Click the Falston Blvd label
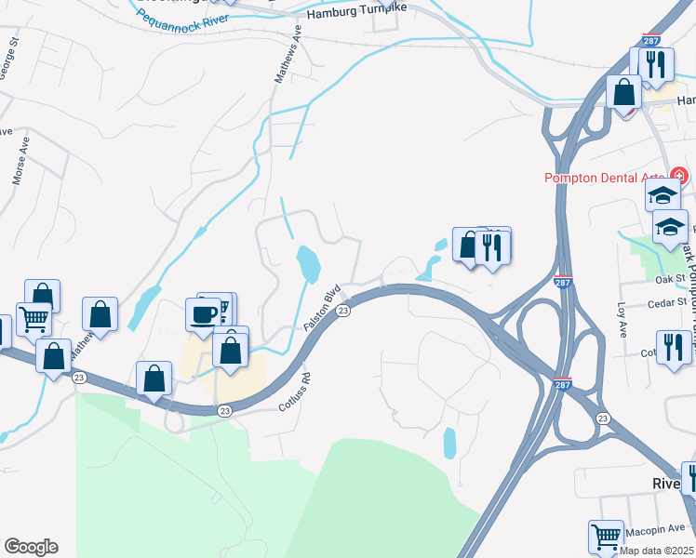321,309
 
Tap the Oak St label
668,277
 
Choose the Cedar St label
667,302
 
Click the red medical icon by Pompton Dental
679,176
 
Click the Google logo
31,547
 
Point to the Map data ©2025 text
657,551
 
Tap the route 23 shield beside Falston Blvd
342,311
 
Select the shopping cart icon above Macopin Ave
606,536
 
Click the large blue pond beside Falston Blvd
308,263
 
